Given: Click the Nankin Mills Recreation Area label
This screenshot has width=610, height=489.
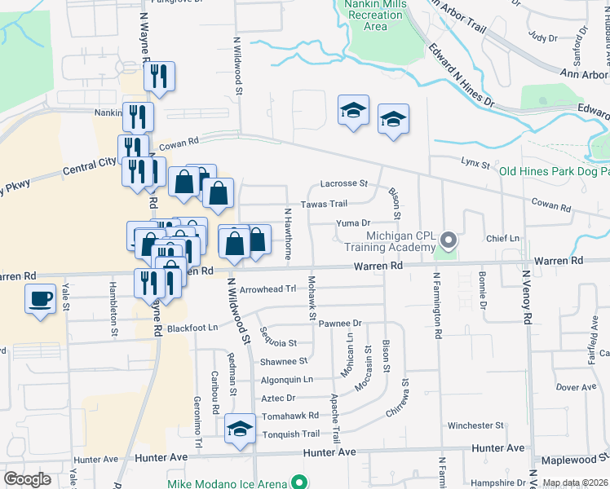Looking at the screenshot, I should pyautogui.click(x=375, y=15).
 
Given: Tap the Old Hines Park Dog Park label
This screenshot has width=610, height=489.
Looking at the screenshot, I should pyautogui.click(x=554, y=171).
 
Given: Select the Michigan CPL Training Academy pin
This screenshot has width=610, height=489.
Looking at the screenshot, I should pyautogui.click(x=448, y=240).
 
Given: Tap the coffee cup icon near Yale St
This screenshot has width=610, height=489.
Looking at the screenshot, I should pyautogui.click(x=40, y=299).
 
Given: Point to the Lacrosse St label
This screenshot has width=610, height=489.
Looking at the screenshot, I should pyautogui.click(x=344, y=184).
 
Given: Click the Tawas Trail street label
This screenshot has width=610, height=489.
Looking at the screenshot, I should pyautogui.click(x=325, y=204).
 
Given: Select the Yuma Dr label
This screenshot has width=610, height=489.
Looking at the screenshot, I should pyautogui.click(x=353, y=222).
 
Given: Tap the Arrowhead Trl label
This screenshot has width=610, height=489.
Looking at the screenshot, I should pyautogui.click(x=267, y=289).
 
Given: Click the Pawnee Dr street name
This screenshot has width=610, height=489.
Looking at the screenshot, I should pyautogui.click(x=339, y=324).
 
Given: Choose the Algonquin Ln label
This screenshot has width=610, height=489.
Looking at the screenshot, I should pyautogui.click(x=286, y=379).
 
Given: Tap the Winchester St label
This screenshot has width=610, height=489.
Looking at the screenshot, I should pyautogui.click(x=475, y=425).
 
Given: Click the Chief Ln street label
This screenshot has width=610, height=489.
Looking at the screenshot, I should pyautogui.click(x=502, y=238).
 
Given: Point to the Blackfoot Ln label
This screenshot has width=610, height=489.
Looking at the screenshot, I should pyautogui.click(x=193, y=328).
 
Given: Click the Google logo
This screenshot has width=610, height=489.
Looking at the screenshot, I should pyautogui.click(x=26, y=479).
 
